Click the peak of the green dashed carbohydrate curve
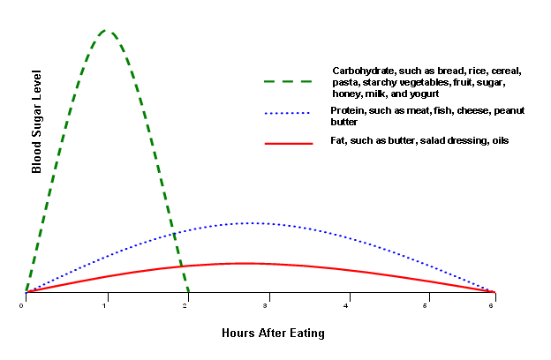pyautogui.click(x=106, y=31)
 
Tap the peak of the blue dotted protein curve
pyautogui.click(x=253, y=222)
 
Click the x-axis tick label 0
pyautogui.click(x=22, y=305)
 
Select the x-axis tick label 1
pyautogui.click(x=105, y=305)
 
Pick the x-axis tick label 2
pyautogui.click(x=186, y=305)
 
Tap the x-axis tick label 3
pyautogui.click(x=265, y=305)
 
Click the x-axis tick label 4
pyautogui.click(x=347, y=305)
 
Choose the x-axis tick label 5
pyautogui.click(x=426, y=305)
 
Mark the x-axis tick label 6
pyautogui.click(x=494, y=305)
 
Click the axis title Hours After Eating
pyautogui.click(x=273, y=334)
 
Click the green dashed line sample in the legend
pyautogui.click(x=288, y=81)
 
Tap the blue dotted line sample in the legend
pyautogui.click(x=288, y=114)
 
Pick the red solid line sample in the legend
pyautogui.click(x=288, y=142)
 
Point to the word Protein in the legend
pyautogui.click(x=346, y=110)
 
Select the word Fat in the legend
pyautogui.click(x=338, y=140)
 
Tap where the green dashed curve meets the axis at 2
pyautogui.click(x=187, y=291)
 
